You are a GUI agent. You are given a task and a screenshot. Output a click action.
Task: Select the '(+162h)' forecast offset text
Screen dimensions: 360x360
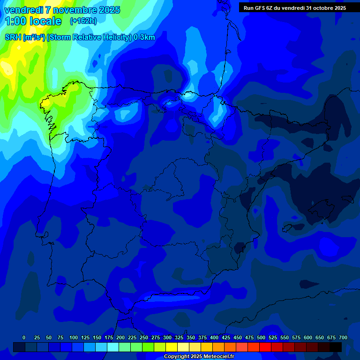(x=83, y=21)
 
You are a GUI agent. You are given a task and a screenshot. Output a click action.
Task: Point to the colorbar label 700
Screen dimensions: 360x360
(x=343, y=337)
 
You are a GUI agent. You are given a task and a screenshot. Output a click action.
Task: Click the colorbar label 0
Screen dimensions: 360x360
(x=24, y=337)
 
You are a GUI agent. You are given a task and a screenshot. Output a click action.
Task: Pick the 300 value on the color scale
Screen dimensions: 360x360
(x=167, y=337)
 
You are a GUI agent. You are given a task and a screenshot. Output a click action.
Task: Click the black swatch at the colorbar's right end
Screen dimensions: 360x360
(x=336, y=347)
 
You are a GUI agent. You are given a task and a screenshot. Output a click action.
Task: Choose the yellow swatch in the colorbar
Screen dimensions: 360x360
(x=172, y=347)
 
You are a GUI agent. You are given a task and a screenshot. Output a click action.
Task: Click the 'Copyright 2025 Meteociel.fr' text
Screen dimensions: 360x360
(x=199, y=356)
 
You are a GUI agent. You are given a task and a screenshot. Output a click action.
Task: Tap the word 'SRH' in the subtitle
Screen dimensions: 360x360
(x=13, y=37)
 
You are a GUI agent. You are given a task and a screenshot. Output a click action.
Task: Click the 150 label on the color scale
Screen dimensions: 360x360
(x=97, y=337)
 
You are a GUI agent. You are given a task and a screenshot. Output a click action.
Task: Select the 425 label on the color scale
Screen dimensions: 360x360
(x=226, y=337)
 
